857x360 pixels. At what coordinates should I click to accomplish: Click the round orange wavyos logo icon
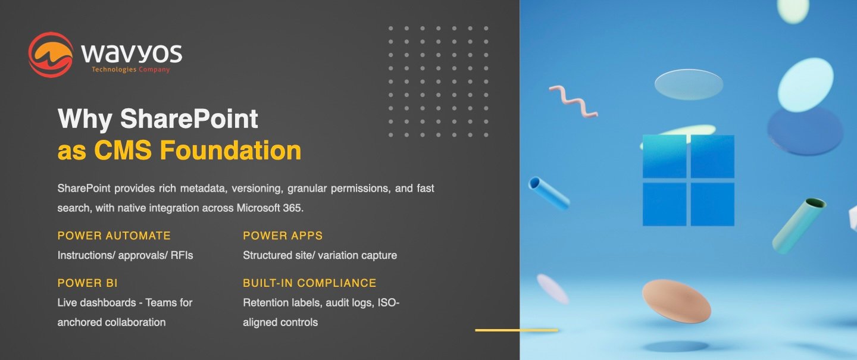[x=51, y=55]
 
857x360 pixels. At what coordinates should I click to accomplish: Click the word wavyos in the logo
[x=132, y=53]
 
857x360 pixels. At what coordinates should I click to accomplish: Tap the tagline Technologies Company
[x=130, y=69]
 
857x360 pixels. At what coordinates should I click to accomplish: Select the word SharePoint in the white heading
[x=189, y=118]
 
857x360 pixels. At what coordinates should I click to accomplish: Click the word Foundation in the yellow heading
[x=230, y=150]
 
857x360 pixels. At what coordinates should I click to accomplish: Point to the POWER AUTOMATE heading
[x=114, y=236]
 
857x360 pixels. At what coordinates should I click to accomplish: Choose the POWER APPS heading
[x=283, y=236]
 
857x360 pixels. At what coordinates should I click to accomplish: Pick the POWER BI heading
[x=87, y=283]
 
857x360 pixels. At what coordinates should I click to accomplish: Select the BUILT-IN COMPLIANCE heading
[x=309, y=283]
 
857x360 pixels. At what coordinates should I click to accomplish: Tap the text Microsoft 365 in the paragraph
[x=270, y=208]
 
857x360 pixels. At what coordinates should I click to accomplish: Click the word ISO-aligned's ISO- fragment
[x=389, y=303]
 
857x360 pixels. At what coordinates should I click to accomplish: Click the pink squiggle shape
[x=573, y=101]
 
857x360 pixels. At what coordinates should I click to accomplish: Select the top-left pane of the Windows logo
[x=664, y=156]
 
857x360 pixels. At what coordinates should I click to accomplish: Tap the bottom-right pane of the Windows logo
[x=712, y=204]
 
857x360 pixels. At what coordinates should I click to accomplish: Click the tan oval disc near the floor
[x=677, y=301]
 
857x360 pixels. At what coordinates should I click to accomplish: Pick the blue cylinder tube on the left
[x=549, y=193]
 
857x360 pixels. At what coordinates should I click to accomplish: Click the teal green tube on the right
[x=799, y=226]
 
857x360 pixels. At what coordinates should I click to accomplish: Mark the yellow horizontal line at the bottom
[x=517, y=330]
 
